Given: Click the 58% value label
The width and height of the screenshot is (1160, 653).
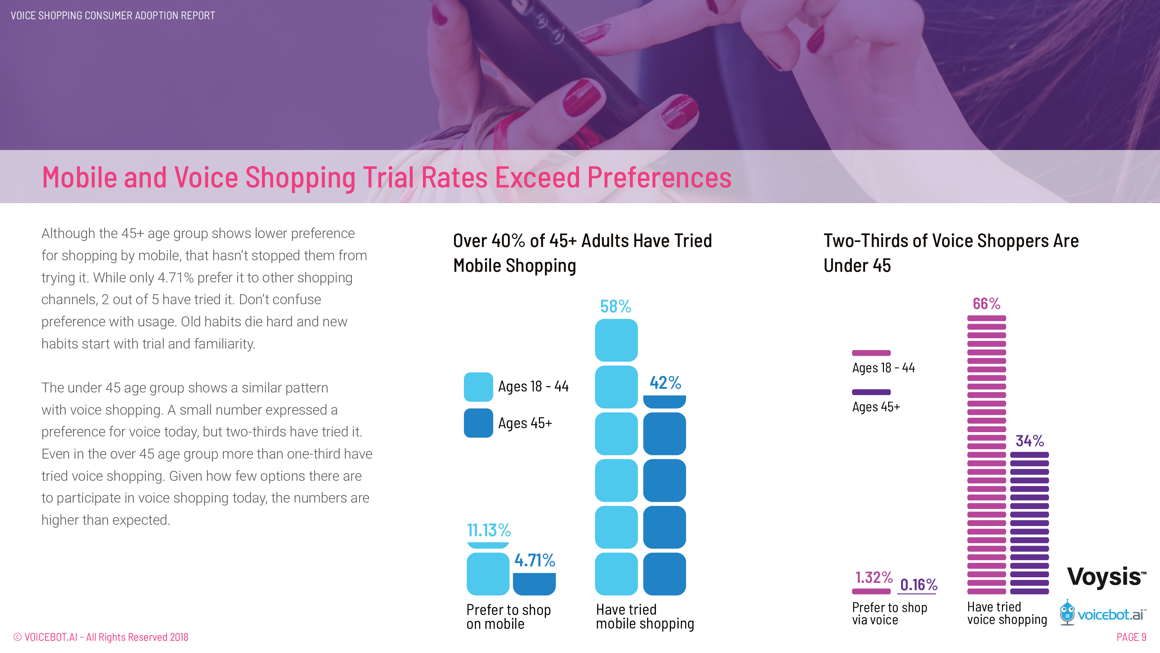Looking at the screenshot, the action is click(616, 307).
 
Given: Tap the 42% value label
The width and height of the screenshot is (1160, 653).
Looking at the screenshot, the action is click(665, 383).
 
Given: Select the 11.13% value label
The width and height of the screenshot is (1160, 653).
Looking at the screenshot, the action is click(489, 530).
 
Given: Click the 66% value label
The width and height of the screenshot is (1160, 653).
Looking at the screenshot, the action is click(986, 304).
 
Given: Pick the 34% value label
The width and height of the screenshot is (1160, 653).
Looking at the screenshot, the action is click(1029, 440).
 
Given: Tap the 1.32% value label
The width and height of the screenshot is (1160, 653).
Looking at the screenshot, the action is click(874, 577).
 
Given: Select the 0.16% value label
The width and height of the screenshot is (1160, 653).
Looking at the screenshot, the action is click(919, 585).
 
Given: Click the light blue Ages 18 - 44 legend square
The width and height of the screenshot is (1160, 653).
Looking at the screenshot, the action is click(478, 387).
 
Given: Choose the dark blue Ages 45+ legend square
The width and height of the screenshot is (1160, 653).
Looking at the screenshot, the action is click(478, 423).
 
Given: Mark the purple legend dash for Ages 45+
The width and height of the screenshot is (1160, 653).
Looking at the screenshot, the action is click(871, 392).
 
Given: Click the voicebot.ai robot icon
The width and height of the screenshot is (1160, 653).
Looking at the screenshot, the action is click(1067, 612).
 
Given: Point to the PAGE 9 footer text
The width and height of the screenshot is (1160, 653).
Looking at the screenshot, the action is click(1131, 637).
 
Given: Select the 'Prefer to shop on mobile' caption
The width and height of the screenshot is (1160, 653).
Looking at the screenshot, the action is click(508, 617).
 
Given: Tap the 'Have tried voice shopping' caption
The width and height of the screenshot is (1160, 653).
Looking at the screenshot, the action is click(1007, 613).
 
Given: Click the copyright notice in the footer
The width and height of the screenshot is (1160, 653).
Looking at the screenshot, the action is click(101, 637).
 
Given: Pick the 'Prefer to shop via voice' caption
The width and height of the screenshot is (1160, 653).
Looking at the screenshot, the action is click(890, 613).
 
